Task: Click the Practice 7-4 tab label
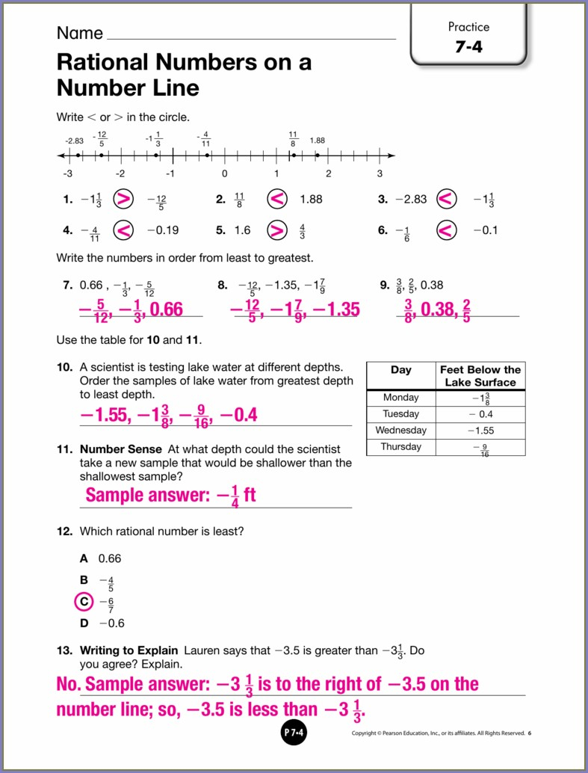(468, 37)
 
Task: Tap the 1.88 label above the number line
(318, 141)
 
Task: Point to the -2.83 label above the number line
(74, 141)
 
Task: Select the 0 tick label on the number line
(224, 173)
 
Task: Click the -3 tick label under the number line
(67, 173)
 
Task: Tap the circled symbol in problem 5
(277, 230)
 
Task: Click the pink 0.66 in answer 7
(166, 309)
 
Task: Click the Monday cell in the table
(400, 398)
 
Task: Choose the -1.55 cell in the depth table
(480, 431)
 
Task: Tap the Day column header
(400, 370)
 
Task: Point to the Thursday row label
(400, 447)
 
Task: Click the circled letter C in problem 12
(84, 601)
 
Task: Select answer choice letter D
(84, 623)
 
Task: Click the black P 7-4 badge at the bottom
(294, 733)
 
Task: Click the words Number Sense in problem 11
(120, 449)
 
